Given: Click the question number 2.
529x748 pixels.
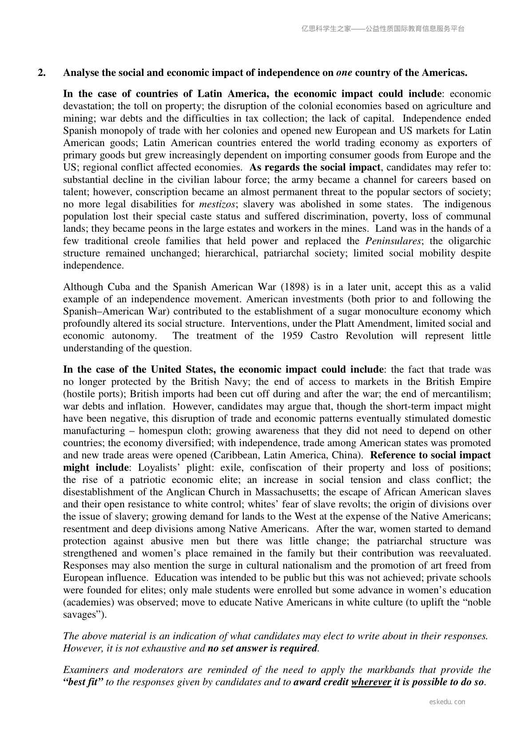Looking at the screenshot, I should point(41,73).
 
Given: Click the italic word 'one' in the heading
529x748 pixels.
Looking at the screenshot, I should point(344,73).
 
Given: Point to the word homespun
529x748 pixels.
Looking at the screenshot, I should point(160,431).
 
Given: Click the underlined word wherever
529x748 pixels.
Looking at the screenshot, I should point(371,682).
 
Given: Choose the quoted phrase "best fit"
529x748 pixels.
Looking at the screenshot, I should point(83,682).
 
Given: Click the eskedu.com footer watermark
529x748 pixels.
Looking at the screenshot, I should point(447,702).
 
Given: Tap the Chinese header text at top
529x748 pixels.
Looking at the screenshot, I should point(383,29).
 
